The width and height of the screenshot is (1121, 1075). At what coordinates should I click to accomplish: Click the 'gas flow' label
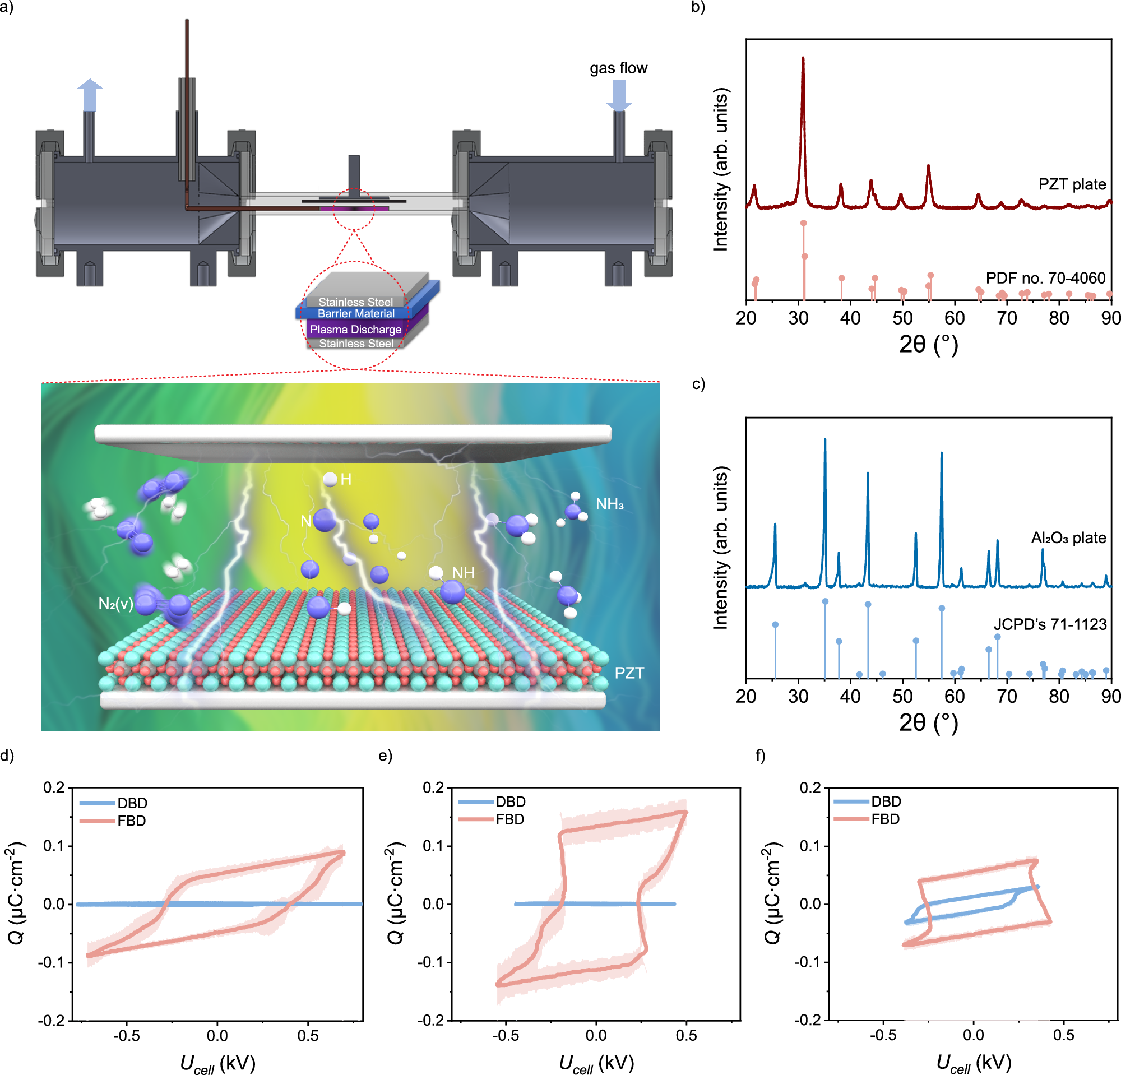[x=618, y=68]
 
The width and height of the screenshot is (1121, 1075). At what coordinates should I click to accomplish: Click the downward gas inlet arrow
[x=618, y=94]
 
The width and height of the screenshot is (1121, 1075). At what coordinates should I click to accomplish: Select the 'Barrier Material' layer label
[x=356, y=313]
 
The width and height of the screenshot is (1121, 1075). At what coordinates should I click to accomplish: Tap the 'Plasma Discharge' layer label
[x=356, y=330]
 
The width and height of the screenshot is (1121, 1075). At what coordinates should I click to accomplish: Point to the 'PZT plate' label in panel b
[x=1072, y=184]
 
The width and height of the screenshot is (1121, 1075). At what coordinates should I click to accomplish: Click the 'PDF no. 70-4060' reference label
[x=1045, y=278]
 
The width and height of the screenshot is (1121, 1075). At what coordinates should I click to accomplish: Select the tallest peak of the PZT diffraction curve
[x=803, y=58]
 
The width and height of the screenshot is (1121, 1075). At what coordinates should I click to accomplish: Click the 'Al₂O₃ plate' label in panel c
[x=1068, y=537]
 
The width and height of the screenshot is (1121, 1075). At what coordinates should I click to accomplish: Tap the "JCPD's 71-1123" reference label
[x=1050, y=624]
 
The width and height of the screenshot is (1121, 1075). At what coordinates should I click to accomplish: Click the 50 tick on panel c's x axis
[x=902, y=697]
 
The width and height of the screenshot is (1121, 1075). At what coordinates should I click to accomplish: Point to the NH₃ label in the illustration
[x=610, y=504]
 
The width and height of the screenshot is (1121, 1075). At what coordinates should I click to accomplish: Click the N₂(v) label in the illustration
[x=115, y=603]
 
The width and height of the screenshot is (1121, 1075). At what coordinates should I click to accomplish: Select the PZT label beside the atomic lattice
[x=629, y=673]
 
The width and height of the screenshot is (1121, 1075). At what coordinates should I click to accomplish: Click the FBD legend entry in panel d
[x=132, y=821]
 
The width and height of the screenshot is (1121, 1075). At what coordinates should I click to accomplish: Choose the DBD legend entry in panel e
[x=510, y=801]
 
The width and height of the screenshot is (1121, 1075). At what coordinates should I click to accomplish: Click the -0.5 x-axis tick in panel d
[x=127, y=1036]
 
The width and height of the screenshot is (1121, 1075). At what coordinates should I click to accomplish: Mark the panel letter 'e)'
[x=386, y=756]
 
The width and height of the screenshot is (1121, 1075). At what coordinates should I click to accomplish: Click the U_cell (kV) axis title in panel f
[x=974, y=1063]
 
